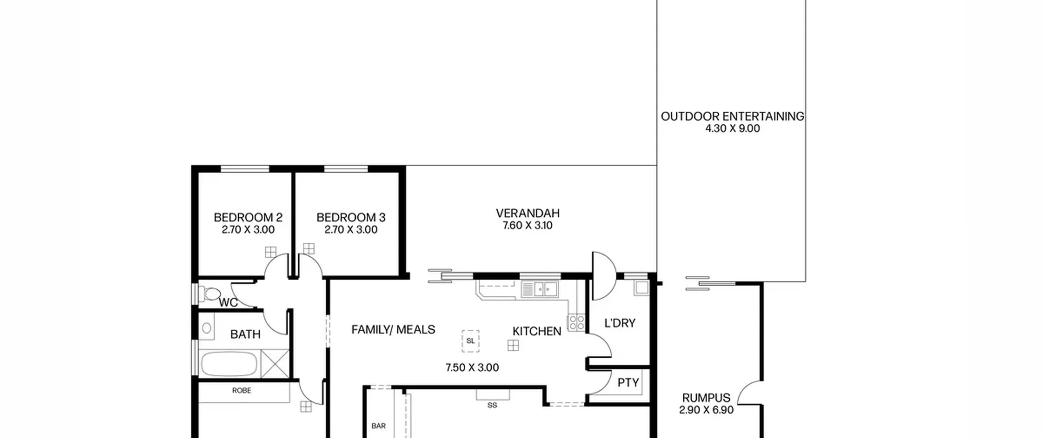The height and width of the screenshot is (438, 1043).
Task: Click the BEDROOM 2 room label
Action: coord(248,217)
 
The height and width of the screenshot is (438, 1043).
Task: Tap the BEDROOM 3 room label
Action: coord(351,217)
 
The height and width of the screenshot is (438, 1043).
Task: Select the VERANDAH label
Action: coord(528,213)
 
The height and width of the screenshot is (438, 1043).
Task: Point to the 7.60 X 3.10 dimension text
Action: coord(528,225)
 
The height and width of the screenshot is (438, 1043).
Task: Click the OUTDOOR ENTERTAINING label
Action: coord(732,116)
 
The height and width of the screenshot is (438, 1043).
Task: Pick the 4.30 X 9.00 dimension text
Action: coord(732,128)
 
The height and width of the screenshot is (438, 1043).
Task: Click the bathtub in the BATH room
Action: coord(229,364)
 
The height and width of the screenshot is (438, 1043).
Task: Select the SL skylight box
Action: coord(471,341)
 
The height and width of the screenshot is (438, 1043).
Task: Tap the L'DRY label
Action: coord(620,323)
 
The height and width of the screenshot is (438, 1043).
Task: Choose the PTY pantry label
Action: coord(628,383)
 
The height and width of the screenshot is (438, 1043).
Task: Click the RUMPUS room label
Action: coord(706,398)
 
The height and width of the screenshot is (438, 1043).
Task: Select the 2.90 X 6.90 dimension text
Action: coord(706,410)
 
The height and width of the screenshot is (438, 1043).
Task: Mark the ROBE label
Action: coord(242,390)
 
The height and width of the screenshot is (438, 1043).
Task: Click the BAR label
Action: coord(378,426)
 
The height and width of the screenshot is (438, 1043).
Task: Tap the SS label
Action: coord(492,405)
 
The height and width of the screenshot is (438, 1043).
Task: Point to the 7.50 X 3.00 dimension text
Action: coord(472,368)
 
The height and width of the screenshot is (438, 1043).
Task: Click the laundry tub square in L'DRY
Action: coord(641,288)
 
